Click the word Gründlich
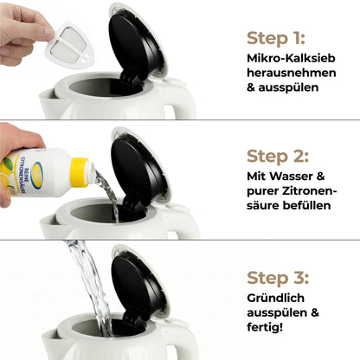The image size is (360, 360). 278,298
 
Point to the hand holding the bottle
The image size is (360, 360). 16,138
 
